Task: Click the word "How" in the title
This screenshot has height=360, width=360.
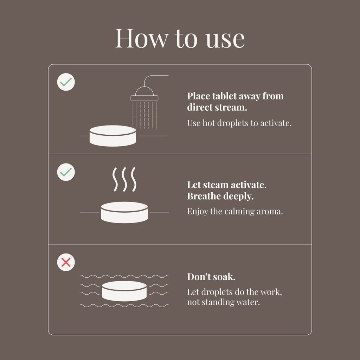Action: click(x=142, y=38)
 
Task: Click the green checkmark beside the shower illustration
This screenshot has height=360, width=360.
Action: click(x=66, y=82)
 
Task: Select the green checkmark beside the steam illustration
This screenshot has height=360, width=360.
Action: click(x=66, y=172)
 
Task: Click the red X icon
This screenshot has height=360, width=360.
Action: click(x=66, y=262)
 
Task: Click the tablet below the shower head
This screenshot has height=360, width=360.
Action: click(x=113, y=136)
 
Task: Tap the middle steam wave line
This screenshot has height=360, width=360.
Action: click(x=124, y=179)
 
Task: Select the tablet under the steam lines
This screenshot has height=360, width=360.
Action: click(x=124, y=212)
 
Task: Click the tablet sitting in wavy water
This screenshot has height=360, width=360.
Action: click(x=124, y=291)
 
